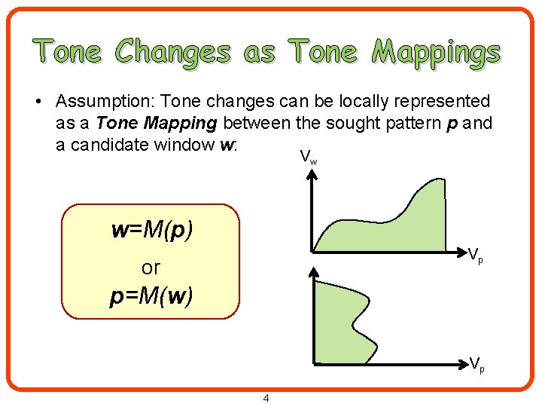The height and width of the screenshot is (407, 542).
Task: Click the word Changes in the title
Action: point(173,52)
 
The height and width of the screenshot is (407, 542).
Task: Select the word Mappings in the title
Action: point(437,52)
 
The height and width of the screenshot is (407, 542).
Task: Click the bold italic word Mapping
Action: point(189,123)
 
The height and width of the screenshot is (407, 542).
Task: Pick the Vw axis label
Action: point(308,157)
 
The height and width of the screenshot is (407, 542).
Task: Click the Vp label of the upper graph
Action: point(476,256)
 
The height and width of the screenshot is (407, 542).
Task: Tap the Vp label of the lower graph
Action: point(477,364)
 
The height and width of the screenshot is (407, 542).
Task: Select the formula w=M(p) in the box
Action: point(151,230)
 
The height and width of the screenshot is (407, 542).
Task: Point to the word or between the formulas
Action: point(151,267)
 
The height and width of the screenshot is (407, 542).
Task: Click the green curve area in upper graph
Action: point(391,226)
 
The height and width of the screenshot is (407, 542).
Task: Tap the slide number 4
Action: point(266,397)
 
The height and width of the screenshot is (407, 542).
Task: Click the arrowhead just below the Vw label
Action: point(313,173)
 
